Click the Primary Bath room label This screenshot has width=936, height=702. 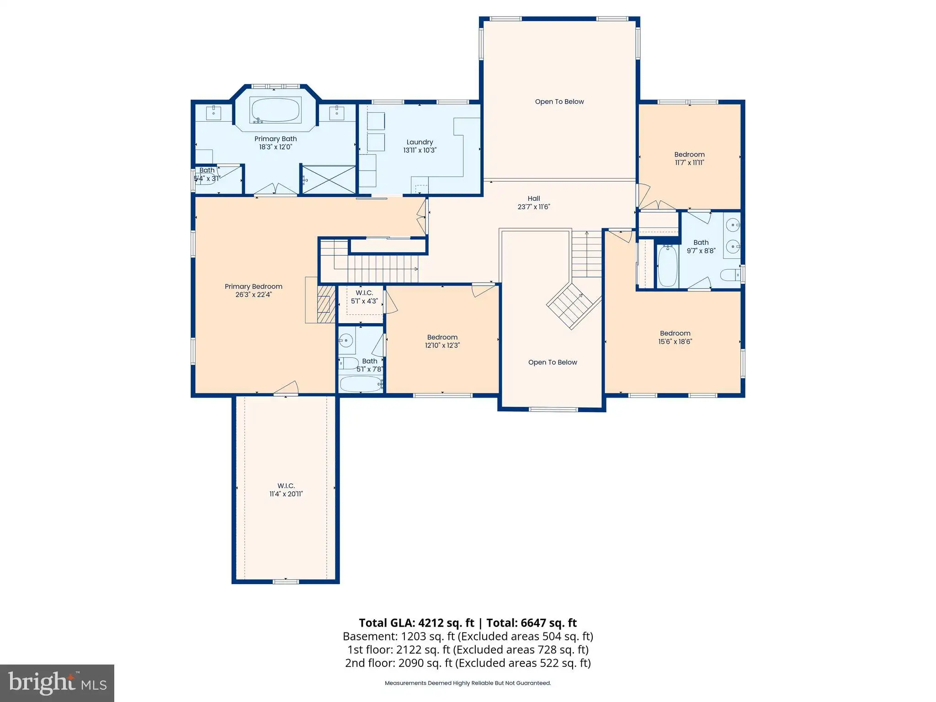(x=276, y=138)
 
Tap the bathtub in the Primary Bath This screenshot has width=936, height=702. (x=276, y=110)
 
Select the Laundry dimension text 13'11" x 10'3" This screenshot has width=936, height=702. (x=420, y=150)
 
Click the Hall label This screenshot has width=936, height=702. (x=534, y=198)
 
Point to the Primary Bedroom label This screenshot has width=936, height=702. (x=254, y=287)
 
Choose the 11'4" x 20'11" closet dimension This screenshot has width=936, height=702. (x=286, y=494)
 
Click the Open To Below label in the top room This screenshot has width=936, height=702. (x=559, y=101)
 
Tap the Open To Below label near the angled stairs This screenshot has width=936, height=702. (x=553, y=362)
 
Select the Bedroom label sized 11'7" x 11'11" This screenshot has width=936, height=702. (x=690, y=154)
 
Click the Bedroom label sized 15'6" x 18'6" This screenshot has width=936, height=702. (x=675, y=333)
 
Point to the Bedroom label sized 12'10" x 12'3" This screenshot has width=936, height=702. (x=442, y=337)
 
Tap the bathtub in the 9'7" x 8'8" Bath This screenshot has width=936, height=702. (x=668, y=266)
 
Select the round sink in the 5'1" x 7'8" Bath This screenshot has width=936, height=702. (x=346, y=340)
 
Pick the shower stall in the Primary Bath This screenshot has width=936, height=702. (x=329, y=180)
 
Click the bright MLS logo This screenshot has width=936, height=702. (x=57, y=683)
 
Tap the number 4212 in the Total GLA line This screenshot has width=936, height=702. (x=433, y=623)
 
